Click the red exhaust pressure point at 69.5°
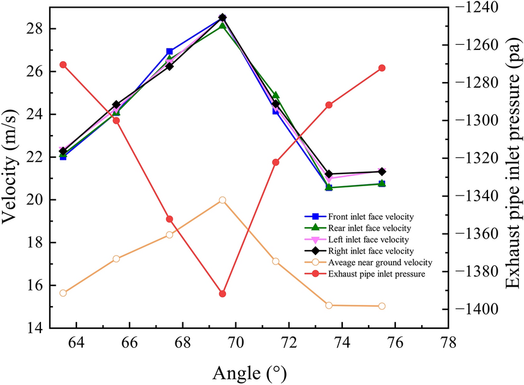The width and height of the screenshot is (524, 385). (x=222, y=294)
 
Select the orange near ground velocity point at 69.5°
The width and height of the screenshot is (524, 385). (x=222, y=200)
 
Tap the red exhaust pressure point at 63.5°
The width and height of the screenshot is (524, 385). (x=63, y=64)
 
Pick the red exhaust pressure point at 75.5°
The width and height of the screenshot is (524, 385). (x=382, y=68)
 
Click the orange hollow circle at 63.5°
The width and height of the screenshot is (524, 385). (x=63, y=293)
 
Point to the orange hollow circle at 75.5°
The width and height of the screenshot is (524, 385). (x=382, y=306)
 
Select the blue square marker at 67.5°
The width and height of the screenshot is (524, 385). (x=169, y=51)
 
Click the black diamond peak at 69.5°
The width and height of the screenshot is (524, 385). (x=222, y=18)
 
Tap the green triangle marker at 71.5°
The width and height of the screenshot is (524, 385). (x=276, y=95)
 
